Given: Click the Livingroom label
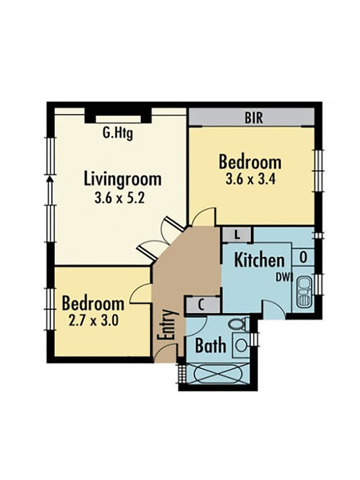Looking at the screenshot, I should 122,179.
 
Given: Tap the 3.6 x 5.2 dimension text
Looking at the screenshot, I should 119,198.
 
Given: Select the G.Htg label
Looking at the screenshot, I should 118,133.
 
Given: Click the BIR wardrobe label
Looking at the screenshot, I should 254,118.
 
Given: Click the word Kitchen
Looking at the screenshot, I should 260,260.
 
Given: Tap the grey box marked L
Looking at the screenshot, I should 237,234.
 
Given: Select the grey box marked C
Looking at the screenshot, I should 201,305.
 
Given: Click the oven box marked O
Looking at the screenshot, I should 303,258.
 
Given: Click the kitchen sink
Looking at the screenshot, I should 304,292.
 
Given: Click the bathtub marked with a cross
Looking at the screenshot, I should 219,373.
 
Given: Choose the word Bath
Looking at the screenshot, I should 210,346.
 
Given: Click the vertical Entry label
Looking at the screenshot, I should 165,325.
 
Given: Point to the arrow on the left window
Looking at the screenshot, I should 49,179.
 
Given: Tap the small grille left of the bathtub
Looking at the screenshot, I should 182,372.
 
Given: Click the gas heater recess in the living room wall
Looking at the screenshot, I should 118,116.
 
